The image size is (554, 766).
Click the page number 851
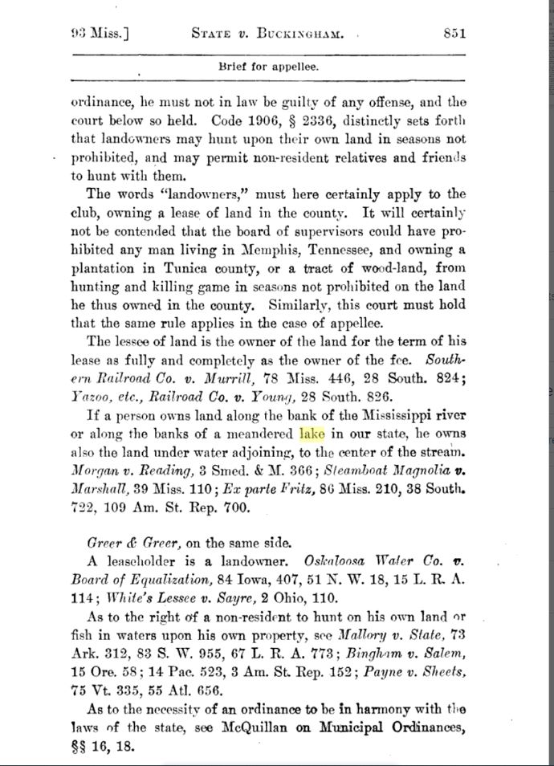(454, 33)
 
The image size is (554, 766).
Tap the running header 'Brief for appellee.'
(268, 67)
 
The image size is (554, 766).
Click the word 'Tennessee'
(302, 249)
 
